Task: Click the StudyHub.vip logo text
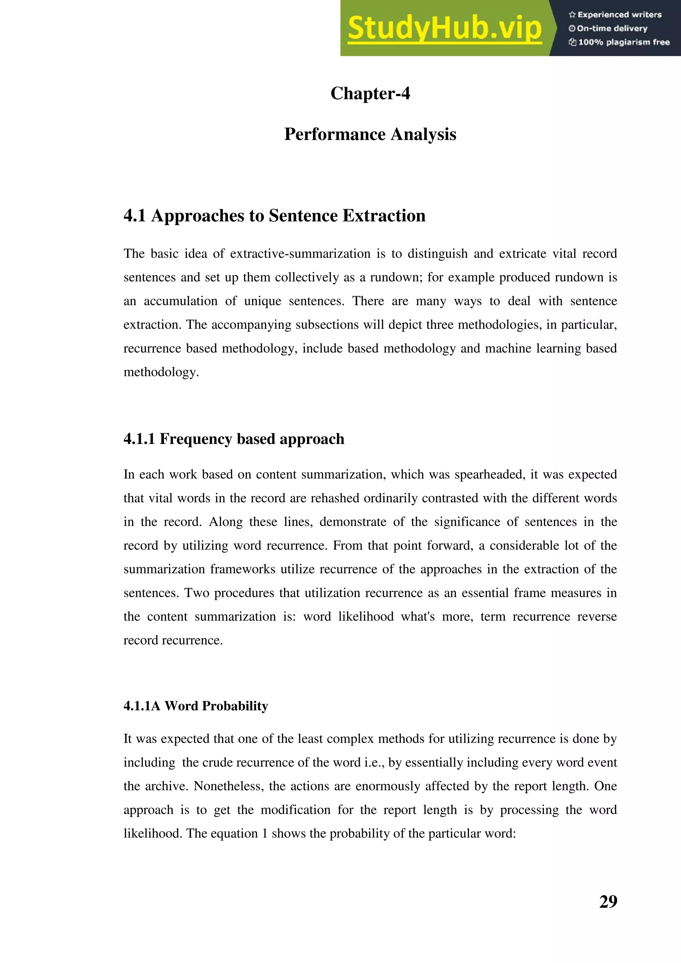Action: click(x=445, y=29)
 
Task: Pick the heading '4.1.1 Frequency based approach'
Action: click(x=233, y=439)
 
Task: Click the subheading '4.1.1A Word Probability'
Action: click(x=196, y=706)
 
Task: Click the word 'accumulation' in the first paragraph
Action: click(x=180, y=301)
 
